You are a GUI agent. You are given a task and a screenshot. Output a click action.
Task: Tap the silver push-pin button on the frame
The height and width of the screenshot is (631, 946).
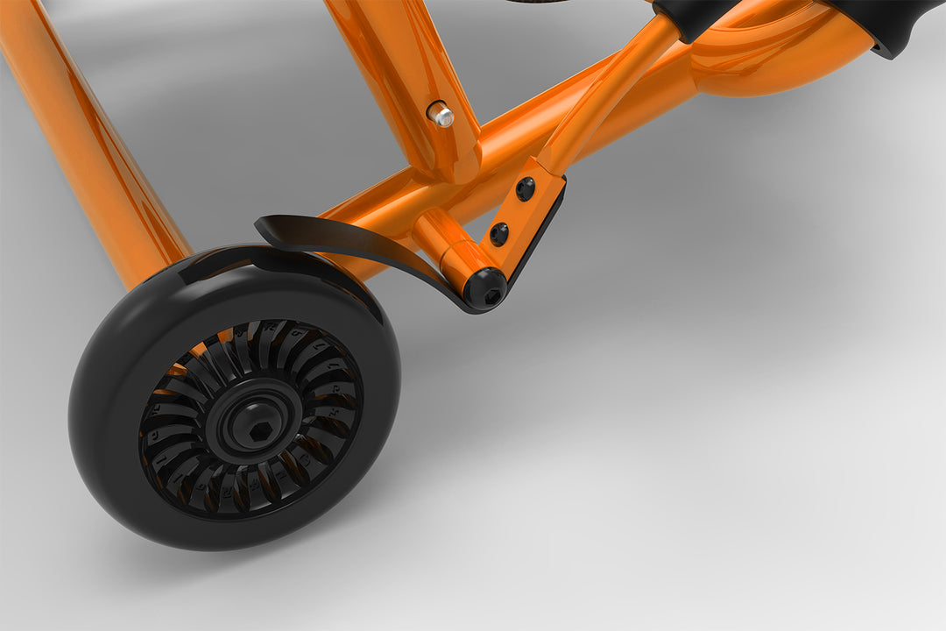[x=440, y=114]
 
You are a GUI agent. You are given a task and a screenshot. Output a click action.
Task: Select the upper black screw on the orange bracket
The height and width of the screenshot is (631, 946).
[x=525, y=188]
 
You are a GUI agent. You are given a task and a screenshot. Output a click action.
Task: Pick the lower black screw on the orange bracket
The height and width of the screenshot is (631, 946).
[x=498, y=234]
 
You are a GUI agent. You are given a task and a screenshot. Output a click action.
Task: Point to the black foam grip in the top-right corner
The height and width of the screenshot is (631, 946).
[x=885, y=22]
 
